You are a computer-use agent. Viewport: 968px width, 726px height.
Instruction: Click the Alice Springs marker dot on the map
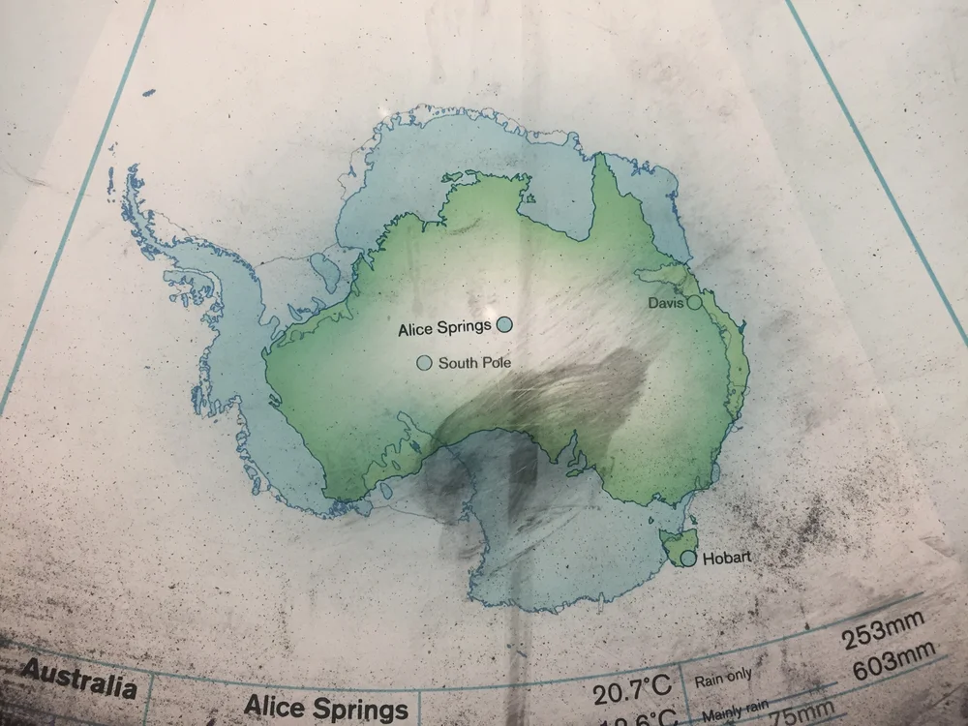(x=504, y=324)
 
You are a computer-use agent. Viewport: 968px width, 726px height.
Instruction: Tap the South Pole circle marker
(x=424, y=363)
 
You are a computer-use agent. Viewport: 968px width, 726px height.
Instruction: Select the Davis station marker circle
(x=694, y=303)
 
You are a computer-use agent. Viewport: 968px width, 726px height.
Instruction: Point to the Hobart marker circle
(x=688, y=559)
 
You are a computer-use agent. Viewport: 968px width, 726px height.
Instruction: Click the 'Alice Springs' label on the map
(x=444, y=329)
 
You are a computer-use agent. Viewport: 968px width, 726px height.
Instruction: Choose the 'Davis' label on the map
(x=666, y=304)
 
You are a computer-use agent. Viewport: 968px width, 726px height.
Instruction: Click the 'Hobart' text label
(x=725, y=559)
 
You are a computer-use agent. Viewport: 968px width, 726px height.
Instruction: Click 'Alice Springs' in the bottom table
(x=326, y=709)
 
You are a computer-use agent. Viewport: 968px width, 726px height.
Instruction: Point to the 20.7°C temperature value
(x=632, y=691)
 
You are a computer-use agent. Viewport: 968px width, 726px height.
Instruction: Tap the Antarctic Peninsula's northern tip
(x=131, y=171)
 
